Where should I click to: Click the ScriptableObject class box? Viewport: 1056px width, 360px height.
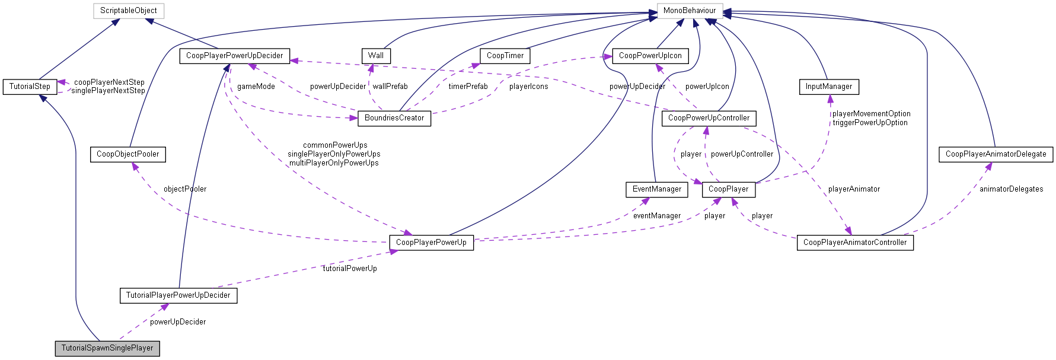pos(129,11)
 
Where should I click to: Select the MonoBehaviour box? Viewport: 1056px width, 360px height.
pos(689,11)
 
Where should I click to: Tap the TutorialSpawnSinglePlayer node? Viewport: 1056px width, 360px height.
pos(107,348)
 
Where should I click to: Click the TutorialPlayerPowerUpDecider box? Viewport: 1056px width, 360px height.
pos(178,295)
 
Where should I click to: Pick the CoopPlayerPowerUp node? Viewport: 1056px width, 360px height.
pos(431,243)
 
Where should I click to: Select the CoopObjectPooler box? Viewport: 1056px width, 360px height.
pos(127,154)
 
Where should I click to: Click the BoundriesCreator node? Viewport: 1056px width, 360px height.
pos(394,118)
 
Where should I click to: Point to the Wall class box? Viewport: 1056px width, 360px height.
pos(376,56)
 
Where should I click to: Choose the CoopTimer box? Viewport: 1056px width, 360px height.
pos(505,56)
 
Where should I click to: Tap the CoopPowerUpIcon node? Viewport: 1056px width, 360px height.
pos(650,56)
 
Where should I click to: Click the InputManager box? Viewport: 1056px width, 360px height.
pos(828,87)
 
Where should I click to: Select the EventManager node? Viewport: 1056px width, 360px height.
pos(657,189)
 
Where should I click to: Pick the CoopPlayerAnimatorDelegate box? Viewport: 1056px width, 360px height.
pos(996,154)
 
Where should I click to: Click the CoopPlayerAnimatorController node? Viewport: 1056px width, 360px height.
pos(854,243)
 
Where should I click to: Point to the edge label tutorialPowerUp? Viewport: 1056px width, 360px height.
pos(349,269)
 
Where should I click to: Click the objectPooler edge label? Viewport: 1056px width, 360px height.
pos(185,189)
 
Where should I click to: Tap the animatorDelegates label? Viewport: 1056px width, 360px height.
pos(1011,189)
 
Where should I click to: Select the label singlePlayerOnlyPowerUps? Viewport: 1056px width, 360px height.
pos(334,154)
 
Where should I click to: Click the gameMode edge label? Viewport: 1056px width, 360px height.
pos(256,87)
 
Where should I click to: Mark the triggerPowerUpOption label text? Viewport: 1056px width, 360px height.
pos(870,123)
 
